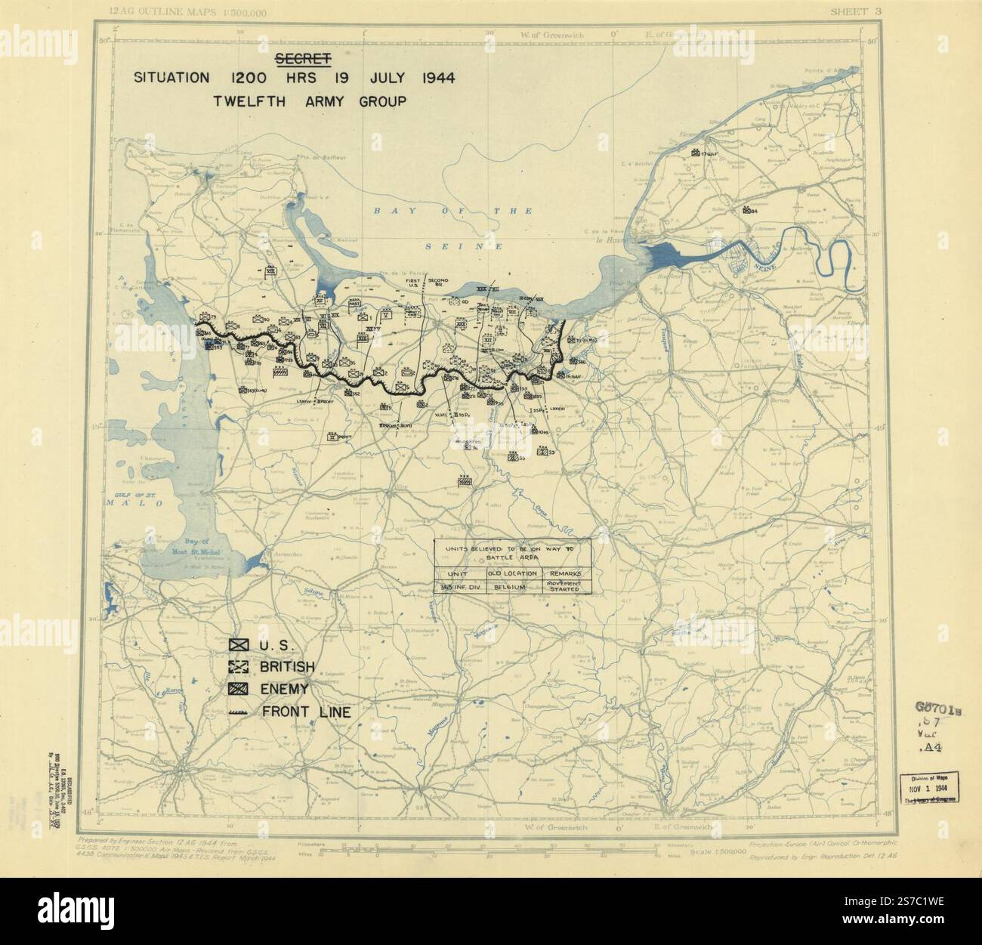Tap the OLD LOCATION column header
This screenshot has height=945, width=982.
click(x=513, y=573)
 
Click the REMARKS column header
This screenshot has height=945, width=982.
click(x=567, y=573)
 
